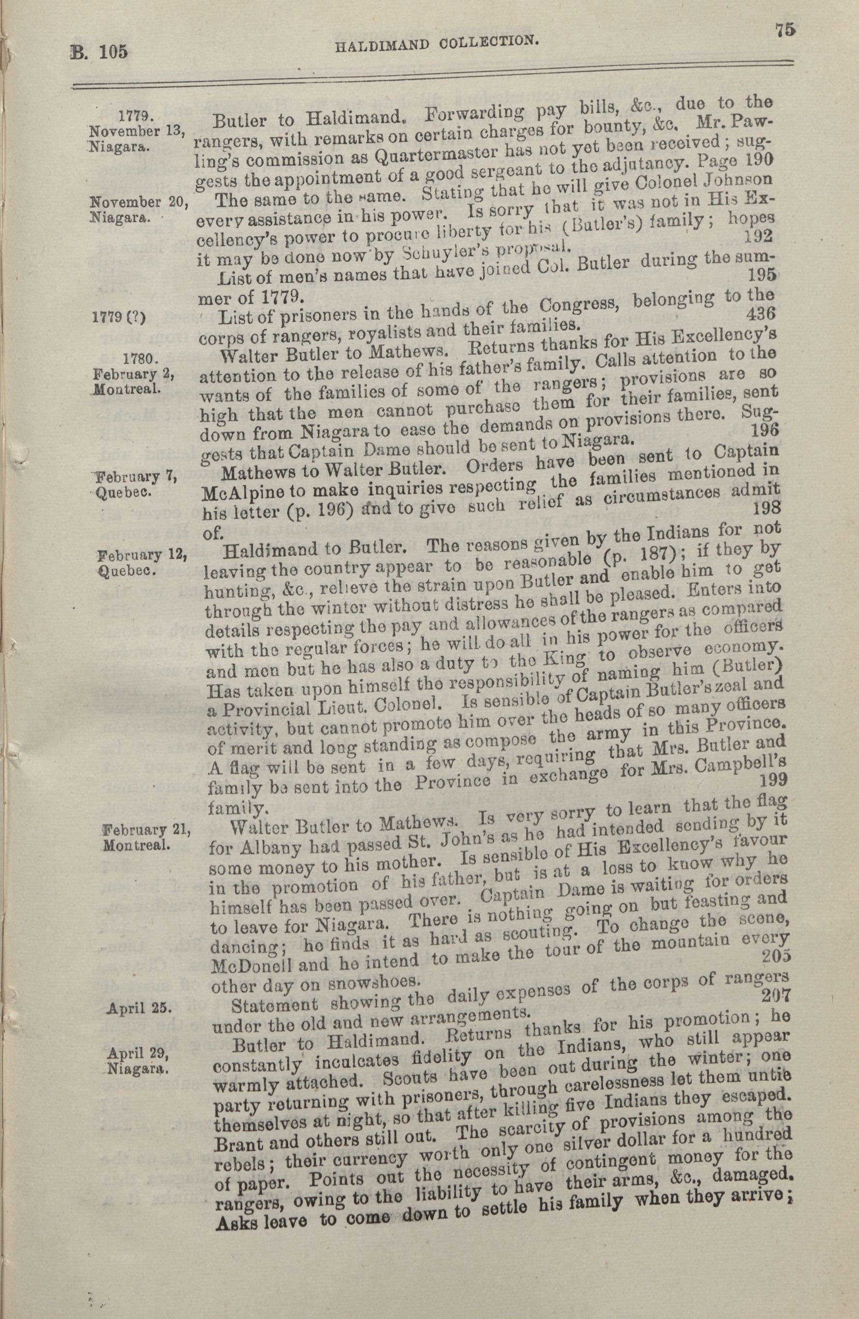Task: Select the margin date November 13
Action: tap(137, 133)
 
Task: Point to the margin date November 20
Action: tap(138, 202)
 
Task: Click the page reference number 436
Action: tap(761, 314)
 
